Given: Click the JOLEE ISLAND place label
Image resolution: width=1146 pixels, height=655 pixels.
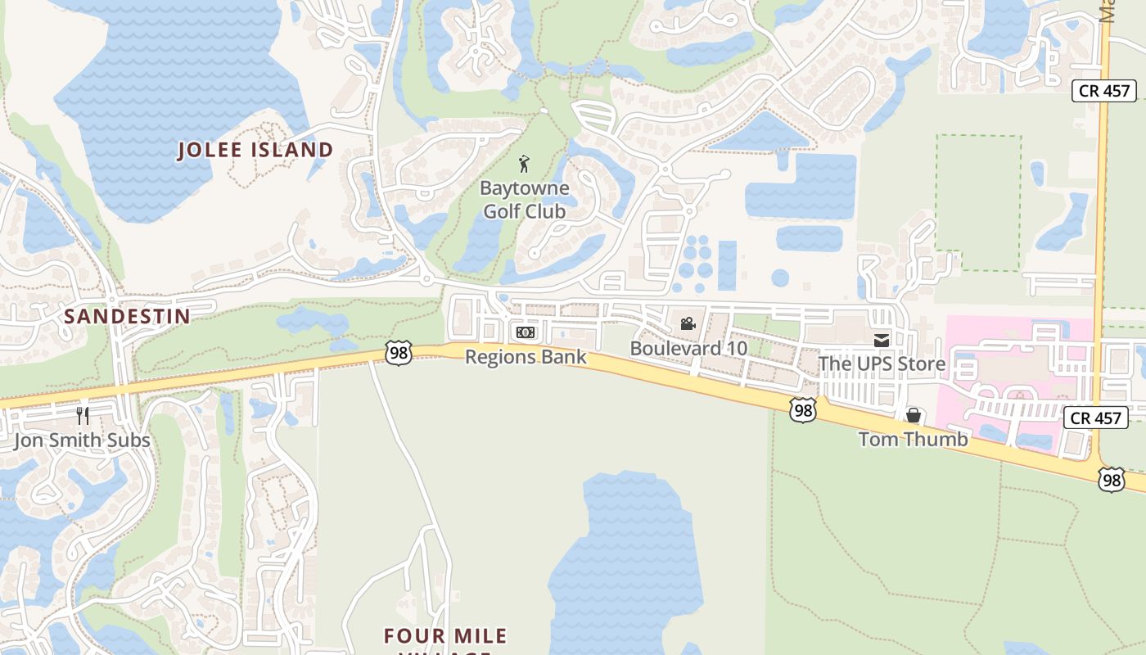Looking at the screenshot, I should click(256, 150).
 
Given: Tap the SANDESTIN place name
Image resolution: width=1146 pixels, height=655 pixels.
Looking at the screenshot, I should click(127, 316).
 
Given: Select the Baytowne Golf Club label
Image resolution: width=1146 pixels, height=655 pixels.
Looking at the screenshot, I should click(524, 199).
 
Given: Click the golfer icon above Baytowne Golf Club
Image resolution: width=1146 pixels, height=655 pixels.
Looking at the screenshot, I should click(525, 164).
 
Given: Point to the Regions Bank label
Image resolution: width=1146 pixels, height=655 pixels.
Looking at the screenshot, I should click(526, 357).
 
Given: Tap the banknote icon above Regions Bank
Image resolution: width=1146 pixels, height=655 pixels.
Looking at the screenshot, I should click(525, 332).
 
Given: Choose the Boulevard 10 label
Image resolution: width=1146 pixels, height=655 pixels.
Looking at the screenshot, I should click(688, 348).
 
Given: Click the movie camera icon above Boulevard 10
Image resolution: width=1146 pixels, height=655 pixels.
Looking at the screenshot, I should click(688, 323).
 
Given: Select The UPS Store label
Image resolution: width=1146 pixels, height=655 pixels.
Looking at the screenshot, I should click(882, 364).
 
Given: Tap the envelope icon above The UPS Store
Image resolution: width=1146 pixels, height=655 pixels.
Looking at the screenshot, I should click(881, 340).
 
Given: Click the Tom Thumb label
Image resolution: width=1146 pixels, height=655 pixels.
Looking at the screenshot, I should click(913, 439).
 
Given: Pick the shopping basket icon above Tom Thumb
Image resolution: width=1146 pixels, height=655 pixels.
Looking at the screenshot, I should click(914, 415).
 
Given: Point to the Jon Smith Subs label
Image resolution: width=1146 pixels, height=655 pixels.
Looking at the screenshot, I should click(82, 440).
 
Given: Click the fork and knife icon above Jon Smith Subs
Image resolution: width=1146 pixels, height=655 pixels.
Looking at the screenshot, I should click(82, 416).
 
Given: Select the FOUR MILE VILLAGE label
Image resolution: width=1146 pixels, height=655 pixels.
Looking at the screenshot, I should click(447, 638).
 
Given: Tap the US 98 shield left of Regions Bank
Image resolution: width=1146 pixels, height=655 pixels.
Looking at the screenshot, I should click(398, 354).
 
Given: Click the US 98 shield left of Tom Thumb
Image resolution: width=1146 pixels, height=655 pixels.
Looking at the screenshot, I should click(803, 410).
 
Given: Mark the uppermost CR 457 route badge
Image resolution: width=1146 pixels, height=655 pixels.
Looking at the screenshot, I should click(1105, 91).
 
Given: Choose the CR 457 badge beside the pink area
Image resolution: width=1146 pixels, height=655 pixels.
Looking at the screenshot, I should click(1095, 418).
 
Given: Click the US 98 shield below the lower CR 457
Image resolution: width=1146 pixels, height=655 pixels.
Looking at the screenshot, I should click(1111, 479).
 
